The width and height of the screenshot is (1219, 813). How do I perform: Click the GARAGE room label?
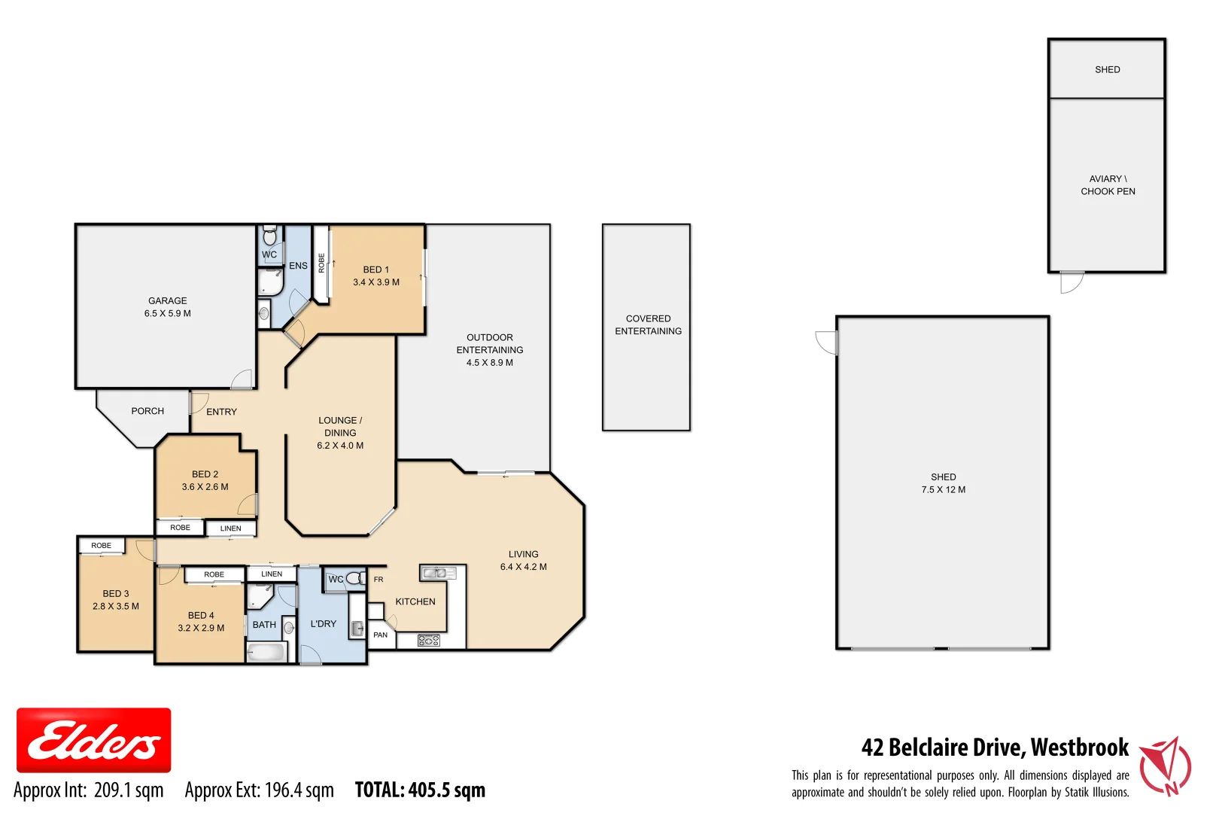pyautogui.click(x=167, y=300)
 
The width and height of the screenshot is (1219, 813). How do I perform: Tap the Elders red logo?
pyautogui.click(x=93, y=740)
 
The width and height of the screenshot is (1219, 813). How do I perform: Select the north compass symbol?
pyautogui.click(x=1165, y=766)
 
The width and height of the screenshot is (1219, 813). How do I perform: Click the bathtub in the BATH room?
pyautogui.click(x=267, y=652)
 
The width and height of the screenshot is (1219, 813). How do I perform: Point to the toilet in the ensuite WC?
pyautogui.click(x=269, y=236)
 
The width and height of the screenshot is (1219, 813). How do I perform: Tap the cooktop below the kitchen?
pyautogui.click(x=428, y=641)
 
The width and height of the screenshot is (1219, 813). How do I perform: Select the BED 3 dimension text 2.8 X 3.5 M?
pyautogui.click(x=116, y=606)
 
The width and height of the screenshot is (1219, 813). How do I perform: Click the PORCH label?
pyautogui.click(x=147, y=411)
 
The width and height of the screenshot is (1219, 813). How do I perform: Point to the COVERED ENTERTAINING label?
pyautogui.click(x=648, y=324)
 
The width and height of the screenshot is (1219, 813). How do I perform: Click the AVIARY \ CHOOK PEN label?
pyautogui.click(x=1108, y=185)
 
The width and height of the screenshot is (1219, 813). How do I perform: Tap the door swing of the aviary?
pyautogui.click(x=1072, y=282)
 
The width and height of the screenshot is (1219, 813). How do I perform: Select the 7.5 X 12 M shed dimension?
pyautogui.click(x=943, y=489)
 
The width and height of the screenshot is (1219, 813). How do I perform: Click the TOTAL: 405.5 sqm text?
pyautogui.click(x=420, y=790)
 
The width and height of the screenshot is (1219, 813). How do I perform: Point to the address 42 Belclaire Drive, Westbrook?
pyautogui.click(x=994, y=747)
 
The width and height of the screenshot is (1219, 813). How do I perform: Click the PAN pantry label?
pyautogui.click(x=381, y=635)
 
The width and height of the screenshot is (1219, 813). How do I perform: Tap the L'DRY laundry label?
pyautogui.click(x=324, y=624)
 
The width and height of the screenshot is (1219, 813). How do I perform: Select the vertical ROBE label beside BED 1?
pyautogui.click(x=321, y=263)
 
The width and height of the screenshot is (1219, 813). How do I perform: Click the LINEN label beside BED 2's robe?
pyautogui.click(x=231, y=528)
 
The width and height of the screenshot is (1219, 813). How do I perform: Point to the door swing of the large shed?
pyautogui.click(x=827, y=343)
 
